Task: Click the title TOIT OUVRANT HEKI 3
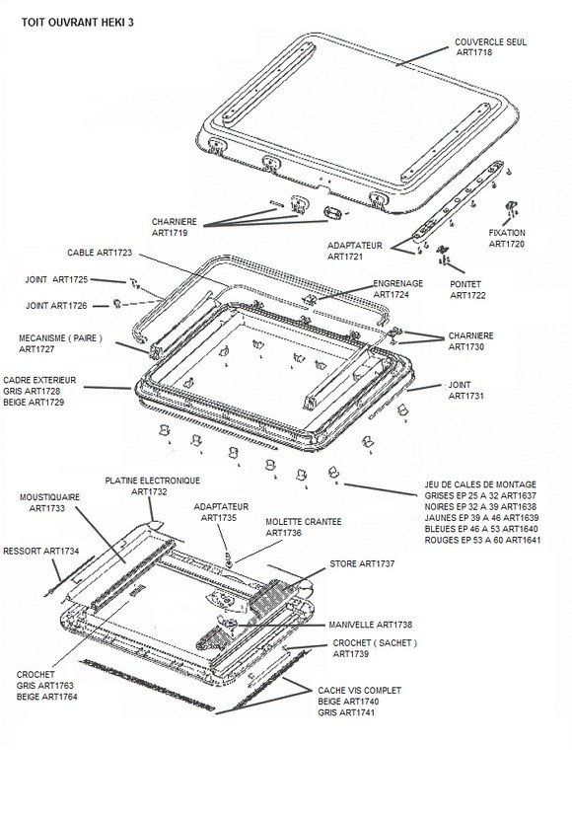(78, 23)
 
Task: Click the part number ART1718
(474, 52)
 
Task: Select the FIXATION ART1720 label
(507, 238)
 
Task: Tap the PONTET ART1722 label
(467, 290)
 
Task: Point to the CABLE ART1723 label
(100, 253)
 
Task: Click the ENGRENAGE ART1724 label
(398, 289)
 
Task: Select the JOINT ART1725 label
(56, 280)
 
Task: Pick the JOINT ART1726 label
(56, 306)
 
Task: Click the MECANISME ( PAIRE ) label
(60, 338)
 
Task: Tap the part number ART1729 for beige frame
(46, 403)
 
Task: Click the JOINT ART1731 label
(465, 391)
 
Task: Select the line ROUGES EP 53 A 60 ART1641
(482, 540)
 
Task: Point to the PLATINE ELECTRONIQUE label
(152, 481)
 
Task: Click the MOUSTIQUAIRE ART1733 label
(49, 502)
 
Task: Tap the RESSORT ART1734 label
(41, 551)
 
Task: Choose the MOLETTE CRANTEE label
(304, 522)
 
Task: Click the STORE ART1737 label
(362, 563)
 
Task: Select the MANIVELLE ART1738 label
(371, 625)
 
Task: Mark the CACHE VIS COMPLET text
(359, 691)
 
